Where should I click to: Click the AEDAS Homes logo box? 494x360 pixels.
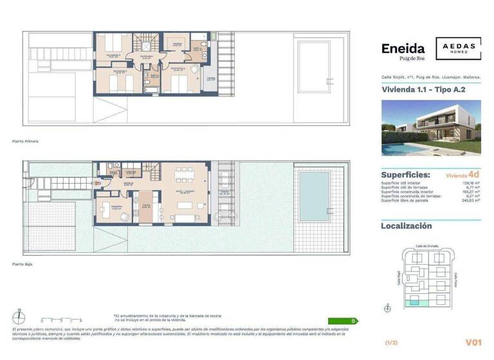click(x=459, y=49)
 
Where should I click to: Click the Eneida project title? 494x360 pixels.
click(x=403, y=49)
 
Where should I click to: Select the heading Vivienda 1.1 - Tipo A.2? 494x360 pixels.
click(x=423, y=90)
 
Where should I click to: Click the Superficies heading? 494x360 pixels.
click(x=406, y=175)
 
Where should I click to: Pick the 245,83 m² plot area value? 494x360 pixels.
click(x=471, y=201)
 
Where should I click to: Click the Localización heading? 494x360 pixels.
click(x=407, y=226)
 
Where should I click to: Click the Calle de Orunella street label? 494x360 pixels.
click(x=427, y=246)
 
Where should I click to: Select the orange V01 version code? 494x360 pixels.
click(x=473, y=343)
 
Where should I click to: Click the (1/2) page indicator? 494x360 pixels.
click(x=390, y=343)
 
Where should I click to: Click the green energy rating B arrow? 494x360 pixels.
click(x=340, y=319)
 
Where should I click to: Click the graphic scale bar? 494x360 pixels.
click(x=61, y=319)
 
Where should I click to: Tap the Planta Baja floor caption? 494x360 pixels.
click(x=23, y=264)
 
